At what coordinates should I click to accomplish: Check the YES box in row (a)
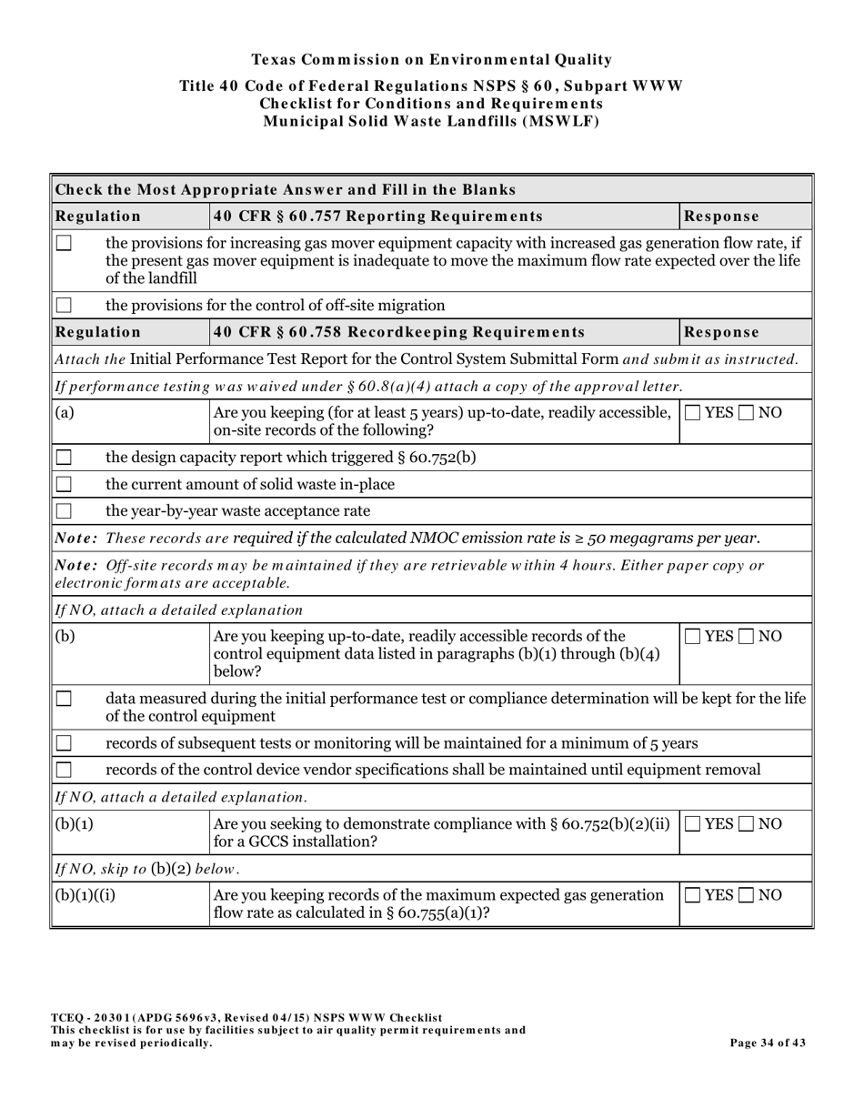693,413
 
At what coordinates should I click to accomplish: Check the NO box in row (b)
748,636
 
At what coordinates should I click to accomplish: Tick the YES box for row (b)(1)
693,824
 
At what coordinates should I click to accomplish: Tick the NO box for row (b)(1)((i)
748,895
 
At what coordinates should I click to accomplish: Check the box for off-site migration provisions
64,305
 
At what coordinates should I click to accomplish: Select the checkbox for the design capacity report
64,457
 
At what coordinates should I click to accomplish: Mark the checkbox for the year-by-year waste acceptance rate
64,510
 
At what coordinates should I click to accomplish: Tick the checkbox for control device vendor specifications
64,770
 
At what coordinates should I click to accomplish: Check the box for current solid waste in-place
64,484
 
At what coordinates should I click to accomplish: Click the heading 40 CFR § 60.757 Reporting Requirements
377,217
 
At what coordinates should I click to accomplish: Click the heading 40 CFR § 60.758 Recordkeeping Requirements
398,332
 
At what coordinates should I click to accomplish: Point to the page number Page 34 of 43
768,1043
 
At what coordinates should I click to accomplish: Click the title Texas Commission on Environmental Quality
431,60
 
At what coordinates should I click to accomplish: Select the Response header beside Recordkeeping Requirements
721,332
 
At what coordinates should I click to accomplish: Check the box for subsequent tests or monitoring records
64,743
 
